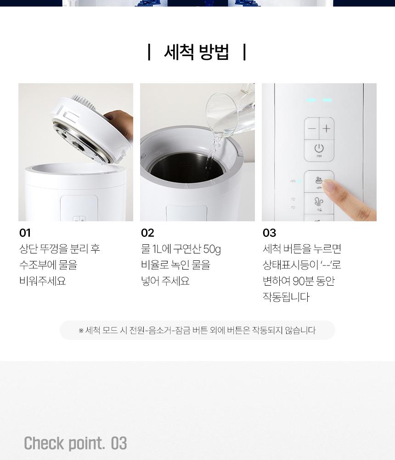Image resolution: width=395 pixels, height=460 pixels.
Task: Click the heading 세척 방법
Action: (x=196, y=52)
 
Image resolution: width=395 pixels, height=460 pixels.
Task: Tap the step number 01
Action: (x=25, y=233)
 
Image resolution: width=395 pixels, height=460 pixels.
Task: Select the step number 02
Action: (x=147, y=233)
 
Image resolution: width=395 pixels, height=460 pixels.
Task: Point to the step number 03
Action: (x=269, y=233)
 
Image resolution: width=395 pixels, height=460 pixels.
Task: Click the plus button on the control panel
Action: (x=326, y=128)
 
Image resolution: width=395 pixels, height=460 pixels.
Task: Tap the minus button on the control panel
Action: (x=312, y=128)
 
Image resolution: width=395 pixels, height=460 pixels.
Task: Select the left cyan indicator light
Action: (x=311, y=100)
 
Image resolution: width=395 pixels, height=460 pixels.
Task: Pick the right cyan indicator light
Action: (x=327, y=100)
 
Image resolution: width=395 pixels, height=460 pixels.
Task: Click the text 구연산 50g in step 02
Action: (x=197, y=249)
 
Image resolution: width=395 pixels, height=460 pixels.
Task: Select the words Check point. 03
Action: (x=75, y=443)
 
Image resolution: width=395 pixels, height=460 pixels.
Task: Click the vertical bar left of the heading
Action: (x=149, y=52)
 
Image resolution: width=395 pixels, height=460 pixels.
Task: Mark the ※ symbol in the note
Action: (x=81, y=331)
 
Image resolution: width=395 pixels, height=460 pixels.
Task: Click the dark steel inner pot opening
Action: (x=186, y=166)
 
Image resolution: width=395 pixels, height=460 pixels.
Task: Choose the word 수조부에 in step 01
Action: (x=38, y=265)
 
